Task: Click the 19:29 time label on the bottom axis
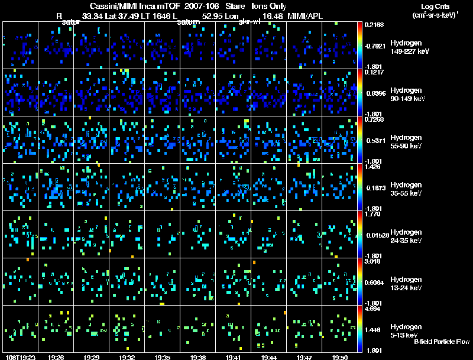pyautogui.click(x=91, y=357)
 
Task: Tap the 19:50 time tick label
pyautogui.click(x=339, y=357)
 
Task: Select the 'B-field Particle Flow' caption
pyautogui.click(x=441, y=342)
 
